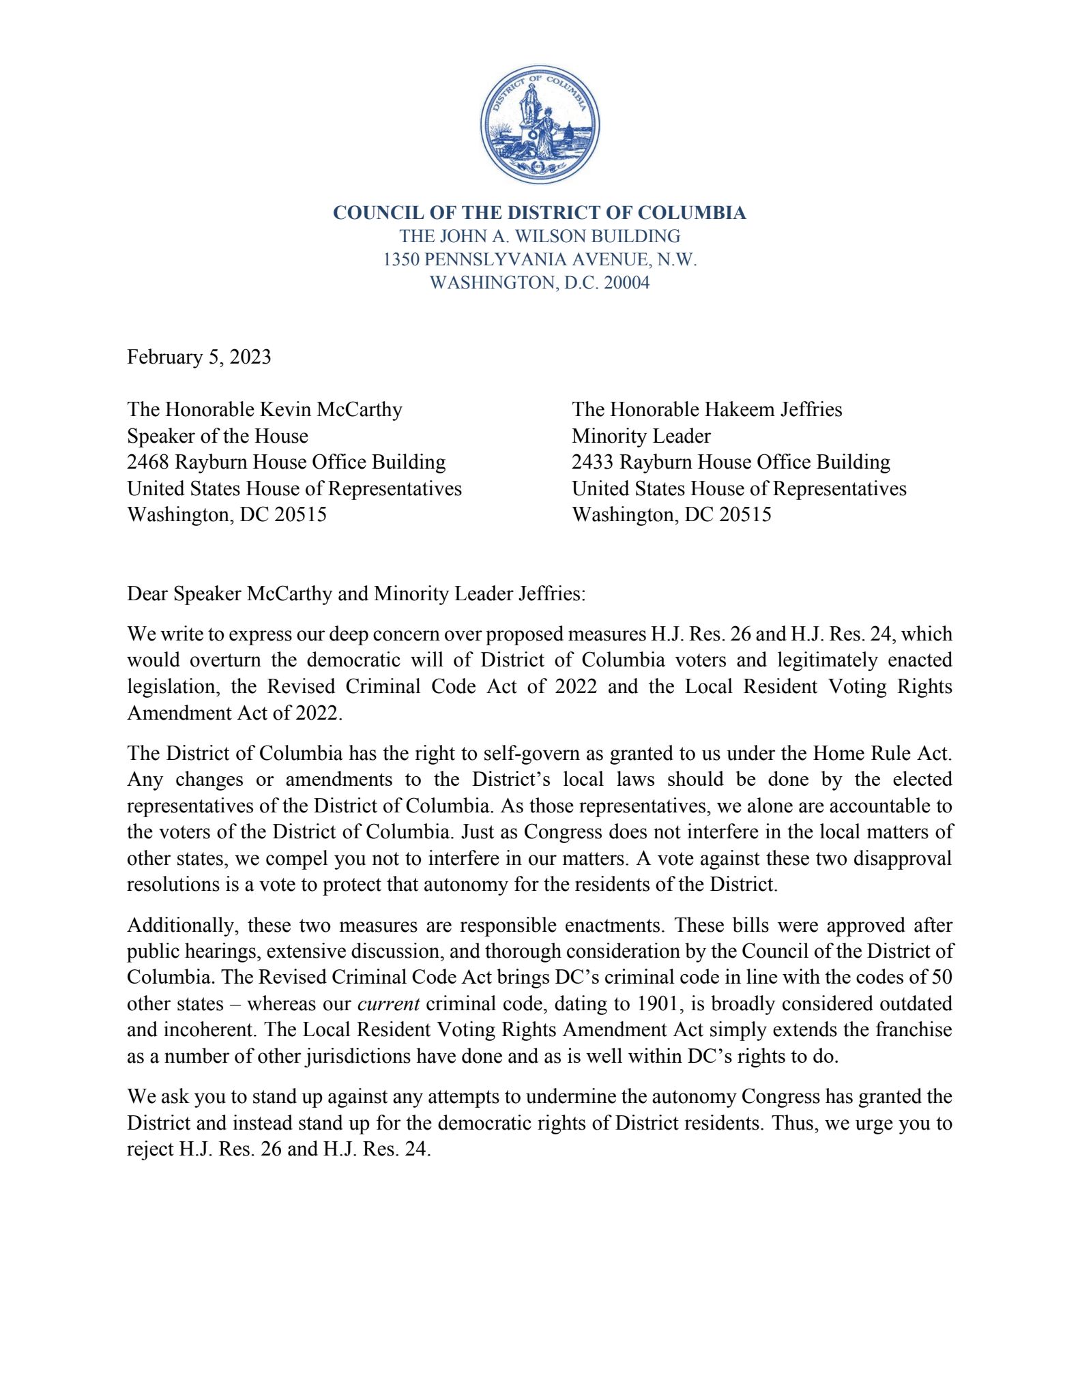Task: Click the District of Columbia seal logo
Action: [540, 124]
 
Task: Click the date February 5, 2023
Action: [199, 357]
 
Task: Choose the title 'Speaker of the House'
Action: [217, 436]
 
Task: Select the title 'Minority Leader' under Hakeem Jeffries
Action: [641, 436]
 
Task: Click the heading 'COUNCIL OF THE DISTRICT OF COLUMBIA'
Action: [539, 213]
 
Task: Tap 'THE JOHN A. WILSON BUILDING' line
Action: [539, 236]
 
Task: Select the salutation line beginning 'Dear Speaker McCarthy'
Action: [356, 593]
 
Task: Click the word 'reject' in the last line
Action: [150, 1149]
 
